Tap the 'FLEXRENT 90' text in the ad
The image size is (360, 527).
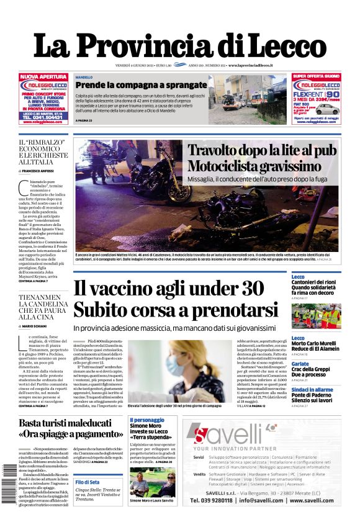click(320, 96)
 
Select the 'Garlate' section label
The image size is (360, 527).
click(300, 364)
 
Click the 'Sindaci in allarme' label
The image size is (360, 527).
click(312, 389)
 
